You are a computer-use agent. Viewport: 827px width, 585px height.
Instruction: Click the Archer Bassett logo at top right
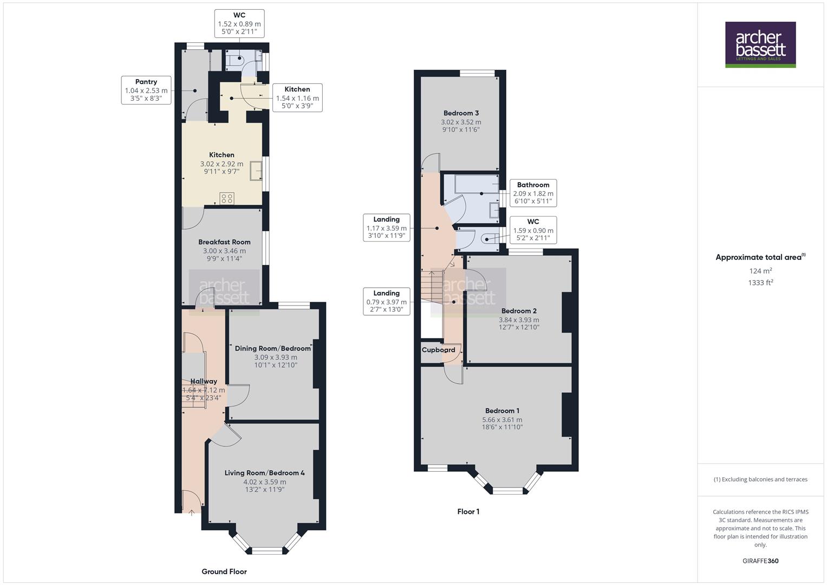point(760,44)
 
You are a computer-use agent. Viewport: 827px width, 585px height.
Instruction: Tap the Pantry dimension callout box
point(146,90)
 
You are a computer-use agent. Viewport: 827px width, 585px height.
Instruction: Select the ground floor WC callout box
point(239,24)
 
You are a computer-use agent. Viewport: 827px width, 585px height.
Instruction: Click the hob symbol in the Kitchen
point(227,198)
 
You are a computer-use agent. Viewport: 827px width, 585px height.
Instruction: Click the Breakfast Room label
point(224,242)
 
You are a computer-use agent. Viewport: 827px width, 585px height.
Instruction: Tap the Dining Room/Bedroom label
point(273,348)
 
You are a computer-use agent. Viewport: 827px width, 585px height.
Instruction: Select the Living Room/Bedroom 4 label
point(264,473)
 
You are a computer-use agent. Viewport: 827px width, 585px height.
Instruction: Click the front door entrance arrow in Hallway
point(192,512)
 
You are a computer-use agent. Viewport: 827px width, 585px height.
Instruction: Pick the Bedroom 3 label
point(461,113)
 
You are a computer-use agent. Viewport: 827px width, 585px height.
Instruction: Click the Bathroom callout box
point(533,193)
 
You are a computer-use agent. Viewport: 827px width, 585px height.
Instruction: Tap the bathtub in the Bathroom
point(477,184)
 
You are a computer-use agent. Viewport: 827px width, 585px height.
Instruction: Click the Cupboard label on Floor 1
point(438,350)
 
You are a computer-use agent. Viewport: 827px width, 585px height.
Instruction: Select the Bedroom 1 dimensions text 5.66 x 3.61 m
point(502,420)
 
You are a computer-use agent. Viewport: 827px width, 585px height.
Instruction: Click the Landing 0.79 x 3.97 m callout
point(386,301)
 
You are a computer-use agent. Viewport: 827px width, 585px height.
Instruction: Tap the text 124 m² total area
point(760,271)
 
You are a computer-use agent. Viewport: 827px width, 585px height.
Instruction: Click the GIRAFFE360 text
point(760,561)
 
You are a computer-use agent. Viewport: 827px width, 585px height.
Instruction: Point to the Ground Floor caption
point(224,571)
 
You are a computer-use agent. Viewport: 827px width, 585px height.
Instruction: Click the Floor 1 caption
point(468,511)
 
